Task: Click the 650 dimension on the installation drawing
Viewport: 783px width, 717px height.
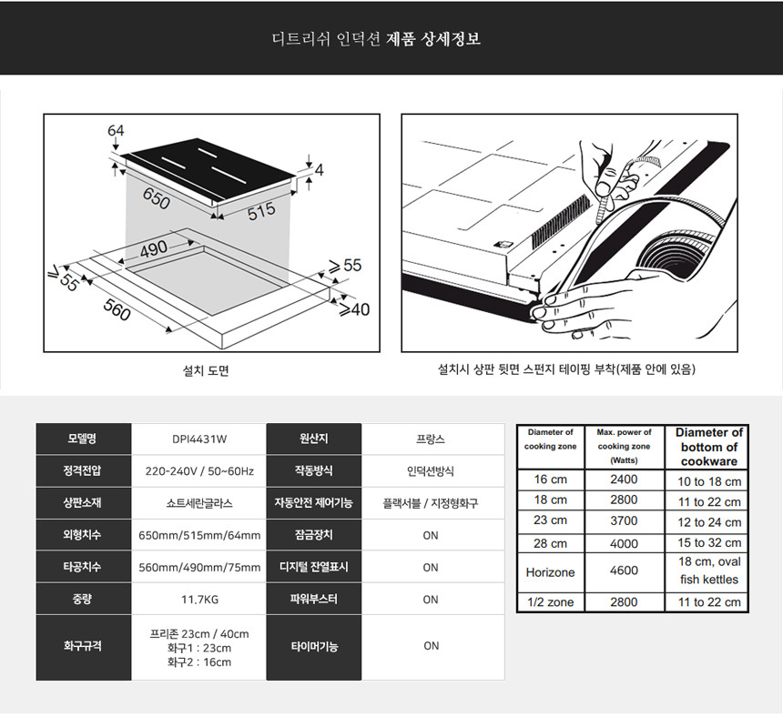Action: pyautogui.click(x=157, y=198)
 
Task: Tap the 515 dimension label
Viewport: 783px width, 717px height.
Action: pyautogui.click(x=261, y=211)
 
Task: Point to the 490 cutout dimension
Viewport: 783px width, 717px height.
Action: pyautogui.click(x=154, y=248)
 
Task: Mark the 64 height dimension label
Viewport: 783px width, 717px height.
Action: pyautogui.click(x=116, y=130)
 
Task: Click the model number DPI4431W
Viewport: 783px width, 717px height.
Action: pyautogui.click(x=199, y=439)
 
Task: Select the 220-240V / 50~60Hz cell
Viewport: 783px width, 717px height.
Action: pyautogui.click(x=199, y=471)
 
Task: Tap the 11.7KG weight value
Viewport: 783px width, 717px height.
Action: pyautogui.click(x=199, y=600)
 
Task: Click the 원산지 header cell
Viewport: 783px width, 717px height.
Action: pyautogui.click(x=313, y=439)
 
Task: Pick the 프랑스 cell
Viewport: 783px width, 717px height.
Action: pyautogui.click(x=431, y=439)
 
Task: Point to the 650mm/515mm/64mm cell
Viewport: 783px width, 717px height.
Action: pyautogui.click(x=199, y=535)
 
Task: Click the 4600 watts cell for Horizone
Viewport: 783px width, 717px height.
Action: pyautogui.click(x=624, y=571)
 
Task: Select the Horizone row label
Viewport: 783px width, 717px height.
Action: pyautogui.click(x=550, y=572)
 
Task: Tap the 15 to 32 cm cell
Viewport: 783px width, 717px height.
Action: pyautogui.click(x=709, y=543)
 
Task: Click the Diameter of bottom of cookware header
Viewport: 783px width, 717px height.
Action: pyautogui.click(x=709, y=447)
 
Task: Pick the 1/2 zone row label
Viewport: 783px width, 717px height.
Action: pyautogui.click(x=550, y=602)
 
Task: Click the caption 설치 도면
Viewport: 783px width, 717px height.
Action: pyautogui.click(x=206, y=370)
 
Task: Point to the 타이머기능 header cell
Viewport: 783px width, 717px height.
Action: pyautogui.click(x=314, y=647)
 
